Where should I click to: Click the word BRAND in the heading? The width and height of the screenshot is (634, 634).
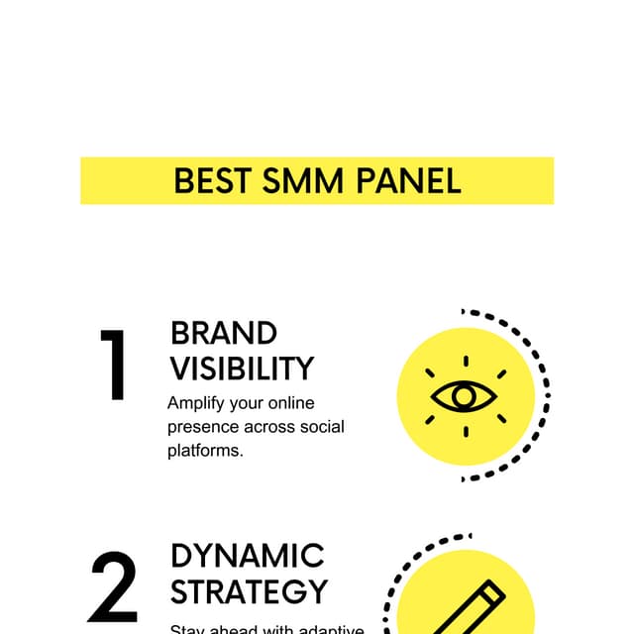tap(224, 333)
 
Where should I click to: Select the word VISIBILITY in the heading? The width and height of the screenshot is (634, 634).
tap(242, 369)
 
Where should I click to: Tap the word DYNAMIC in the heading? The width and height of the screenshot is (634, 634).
tap(248, 555)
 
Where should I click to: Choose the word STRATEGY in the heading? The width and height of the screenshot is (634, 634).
tap(249, 591)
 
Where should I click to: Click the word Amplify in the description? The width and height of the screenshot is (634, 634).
tap(197, 404)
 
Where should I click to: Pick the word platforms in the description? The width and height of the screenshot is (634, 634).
tap(205, 451)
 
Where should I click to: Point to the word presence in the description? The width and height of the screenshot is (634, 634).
tap(203, 428)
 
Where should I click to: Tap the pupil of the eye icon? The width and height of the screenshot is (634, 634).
tap(464, 397)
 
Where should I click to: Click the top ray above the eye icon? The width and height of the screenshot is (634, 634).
tap(465, 361)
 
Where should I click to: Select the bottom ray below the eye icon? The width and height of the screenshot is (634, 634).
tap(465, 432)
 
